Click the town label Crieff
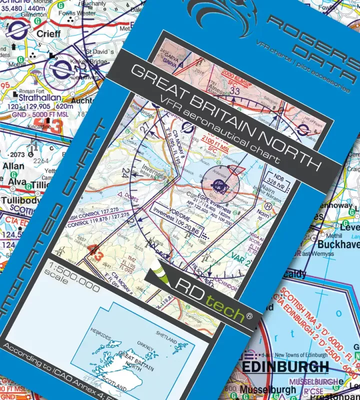(x=48, y=33)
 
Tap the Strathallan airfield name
(x=36, y=97)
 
